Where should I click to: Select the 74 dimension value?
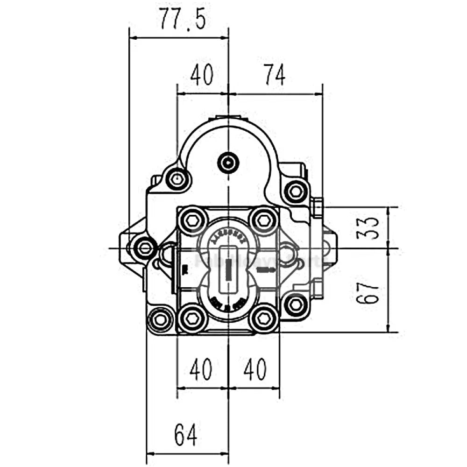[274, 75]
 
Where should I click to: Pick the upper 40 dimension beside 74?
[202, 75]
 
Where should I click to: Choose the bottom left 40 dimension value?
[201, 369]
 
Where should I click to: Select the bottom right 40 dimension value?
[255, 369]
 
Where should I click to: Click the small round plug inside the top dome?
[228, 163]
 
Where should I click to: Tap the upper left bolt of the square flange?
[193, 220]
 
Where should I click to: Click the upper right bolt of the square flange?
[264, 220]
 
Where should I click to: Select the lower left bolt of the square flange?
[193, 318]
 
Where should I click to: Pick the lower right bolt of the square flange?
[264, 318]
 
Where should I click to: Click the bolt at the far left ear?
[144, 248]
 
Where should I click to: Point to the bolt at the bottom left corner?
[161, 319]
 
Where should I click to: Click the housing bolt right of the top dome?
[296, 191]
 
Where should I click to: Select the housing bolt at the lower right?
[296, 305]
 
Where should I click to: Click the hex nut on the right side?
[318, 208]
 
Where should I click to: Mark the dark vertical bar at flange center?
[228, 270]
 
